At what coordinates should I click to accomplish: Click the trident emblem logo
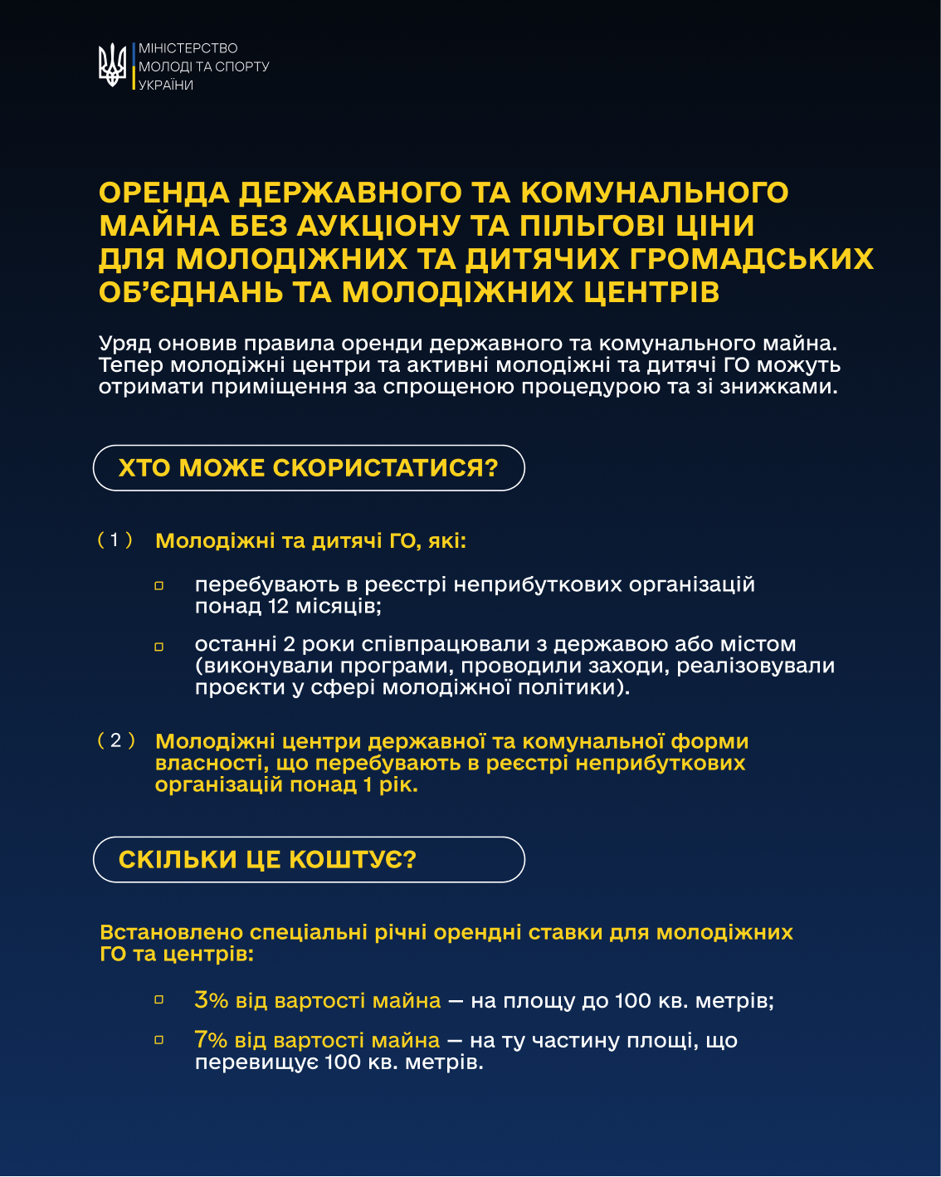click(112, 66)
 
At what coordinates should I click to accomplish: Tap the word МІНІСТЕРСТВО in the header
click(188, 48)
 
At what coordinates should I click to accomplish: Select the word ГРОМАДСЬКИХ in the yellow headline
click(751, 259)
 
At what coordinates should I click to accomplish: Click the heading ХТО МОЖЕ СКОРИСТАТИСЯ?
click(308, 468)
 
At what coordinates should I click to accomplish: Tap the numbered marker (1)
click(115, 540)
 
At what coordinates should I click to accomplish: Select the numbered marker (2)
click(115, 740)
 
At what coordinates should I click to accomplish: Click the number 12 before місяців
click(278, 606)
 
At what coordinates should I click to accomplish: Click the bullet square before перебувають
click(159, 586)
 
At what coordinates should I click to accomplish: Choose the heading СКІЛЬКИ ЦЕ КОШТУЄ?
click(267, 860)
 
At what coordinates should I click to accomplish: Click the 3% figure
click(211, 1000)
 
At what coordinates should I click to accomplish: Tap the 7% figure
click(211, 1040)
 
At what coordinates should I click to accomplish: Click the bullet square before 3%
click(159, 1000)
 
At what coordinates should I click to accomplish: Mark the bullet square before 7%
click(159, 1039)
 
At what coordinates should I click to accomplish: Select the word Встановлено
click(172, 932)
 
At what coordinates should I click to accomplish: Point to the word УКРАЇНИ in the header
click(166, 85)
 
